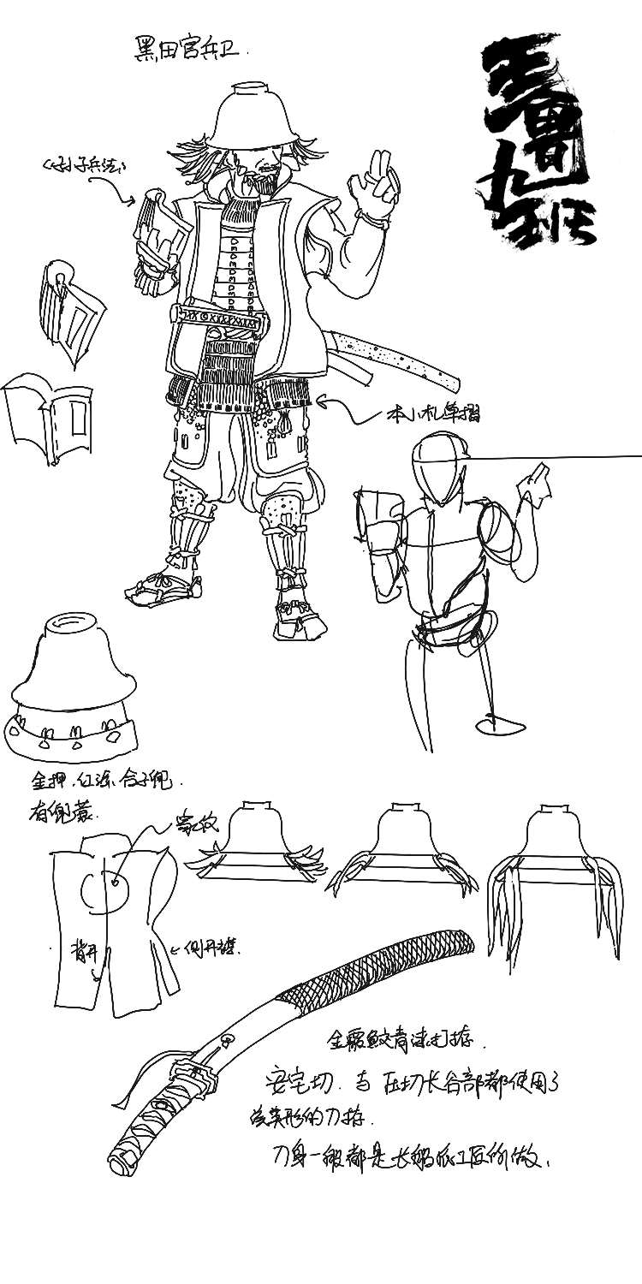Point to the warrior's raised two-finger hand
point(376,184)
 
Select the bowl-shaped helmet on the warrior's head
point(249,119)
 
